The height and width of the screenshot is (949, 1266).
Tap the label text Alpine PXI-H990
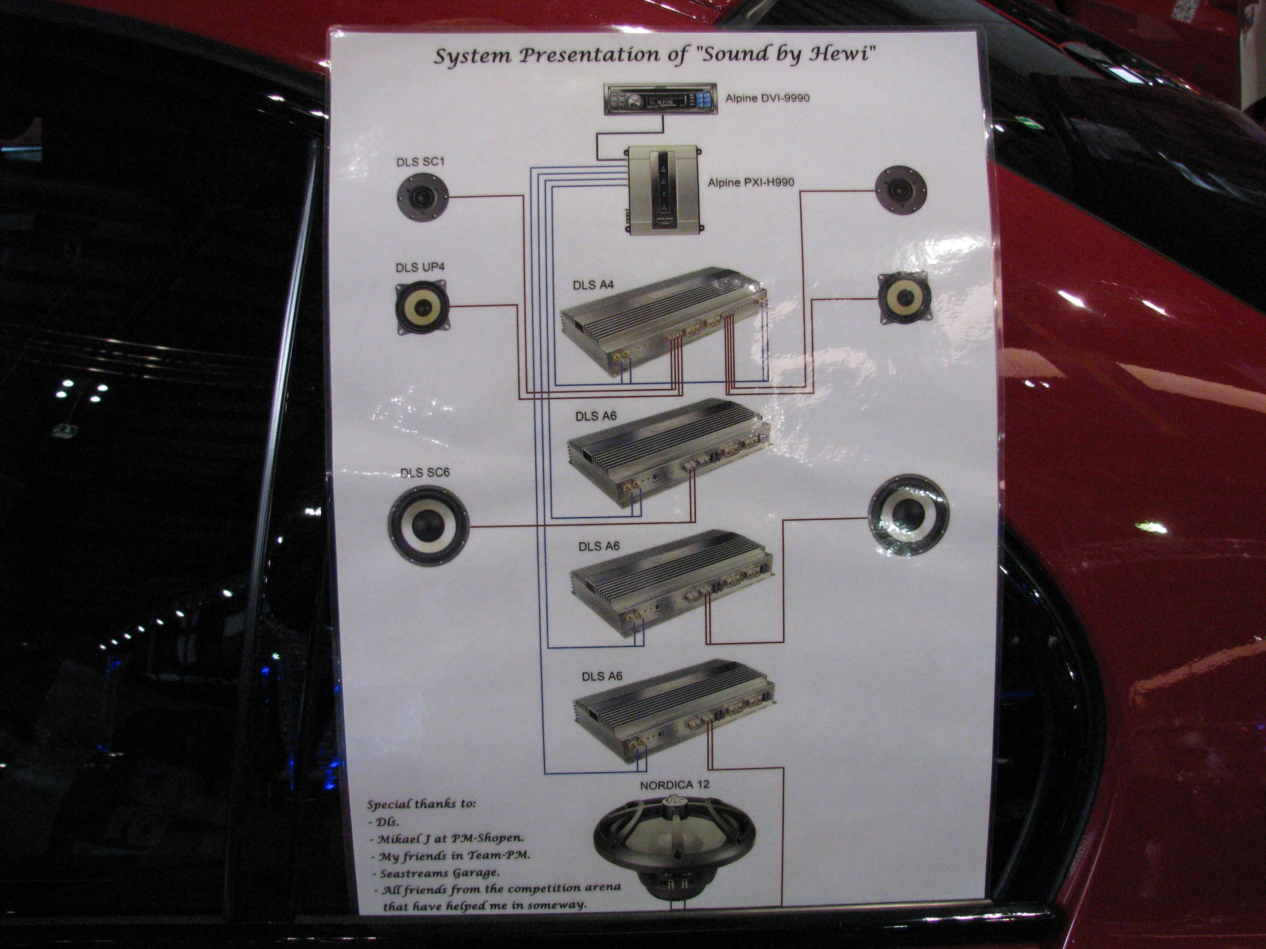click(x=751, y=182)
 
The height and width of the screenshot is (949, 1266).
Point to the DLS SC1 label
click(x=420, y=162)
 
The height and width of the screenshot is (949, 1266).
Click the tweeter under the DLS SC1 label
click(x=423, y=198)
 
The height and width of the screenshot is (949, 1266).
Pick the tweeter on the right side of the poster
click(x=901, y=191)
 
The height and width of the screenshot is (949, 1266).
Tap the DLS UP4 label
click(x=420, y=267)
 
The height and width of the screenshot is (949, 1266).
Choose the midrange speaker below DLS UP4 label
click(x=422, y=307)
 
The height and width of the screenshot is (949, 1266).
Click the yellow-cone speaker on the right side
click(x=904, y=297)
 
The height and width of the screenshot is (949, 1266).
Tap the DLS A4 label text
click(x=593, y=285)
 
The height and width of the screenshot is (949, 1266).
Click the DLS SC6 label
click(x=425, y=473)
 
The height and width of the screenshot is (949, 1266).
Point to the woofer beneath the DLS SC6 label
click(x=429, y=525)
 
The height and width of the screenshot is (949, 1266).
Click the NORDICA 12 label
click(x=674, y=785)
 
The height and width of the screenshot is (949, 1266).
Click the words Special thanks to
click(x=421, y=804)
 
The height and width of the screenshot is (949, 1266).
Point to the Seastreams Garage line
click(x=439, y=873)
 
